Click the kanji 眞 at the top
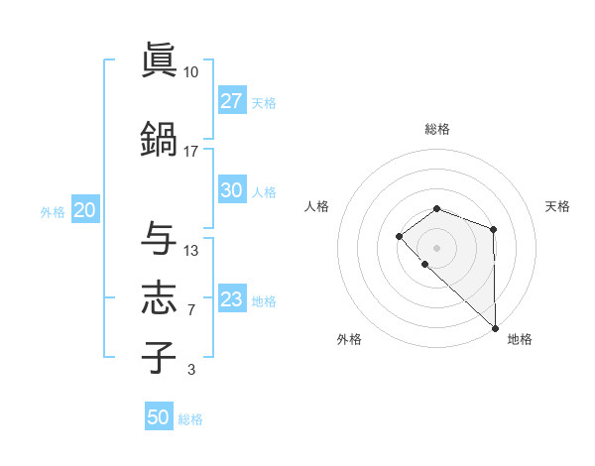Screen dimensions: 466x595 click(x=159, y=60)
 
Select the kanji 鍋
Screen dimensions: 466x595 click(x=159, y=137)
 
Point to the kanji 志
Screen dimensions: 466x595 click(x=159, y=298)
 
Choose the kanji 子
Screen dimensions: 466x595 click(x=159, y=357)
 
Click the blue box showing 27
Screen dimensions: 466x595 click(x=232, y=101)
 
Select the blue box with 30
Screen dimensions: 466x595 click(x=232, y=190)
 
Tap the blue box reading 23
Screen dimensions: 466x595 click(x=232, y=299)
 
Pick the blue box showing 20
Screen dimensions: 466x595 click(x=84, y=210)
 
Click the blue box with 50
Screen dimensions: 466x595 click(x=159, y=417)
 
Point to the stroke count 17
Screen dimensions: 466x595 click(x=190, y=152)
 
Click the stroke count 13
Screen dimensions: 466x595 click(x=190, y=250)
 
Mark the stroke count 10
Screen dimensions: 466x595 click(x=190, y=72)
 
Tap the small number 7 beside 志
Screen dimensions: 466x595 click(x=190, y=310)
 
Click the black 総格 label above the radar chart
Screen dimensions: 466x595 click(x=437, y=129)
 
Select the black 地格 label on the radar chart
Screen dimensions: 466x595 click(x=520, y=339)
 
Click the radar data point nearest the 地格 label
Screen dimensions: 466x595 click(x=495, y=327)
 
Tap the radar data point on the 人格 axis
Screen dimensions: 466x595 click(x=399, y=236)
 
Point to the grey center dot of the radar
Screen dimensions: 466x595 click(x=437, y=247)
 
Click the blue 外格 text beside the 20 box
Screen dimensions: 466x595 click(x=53, y=211)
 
